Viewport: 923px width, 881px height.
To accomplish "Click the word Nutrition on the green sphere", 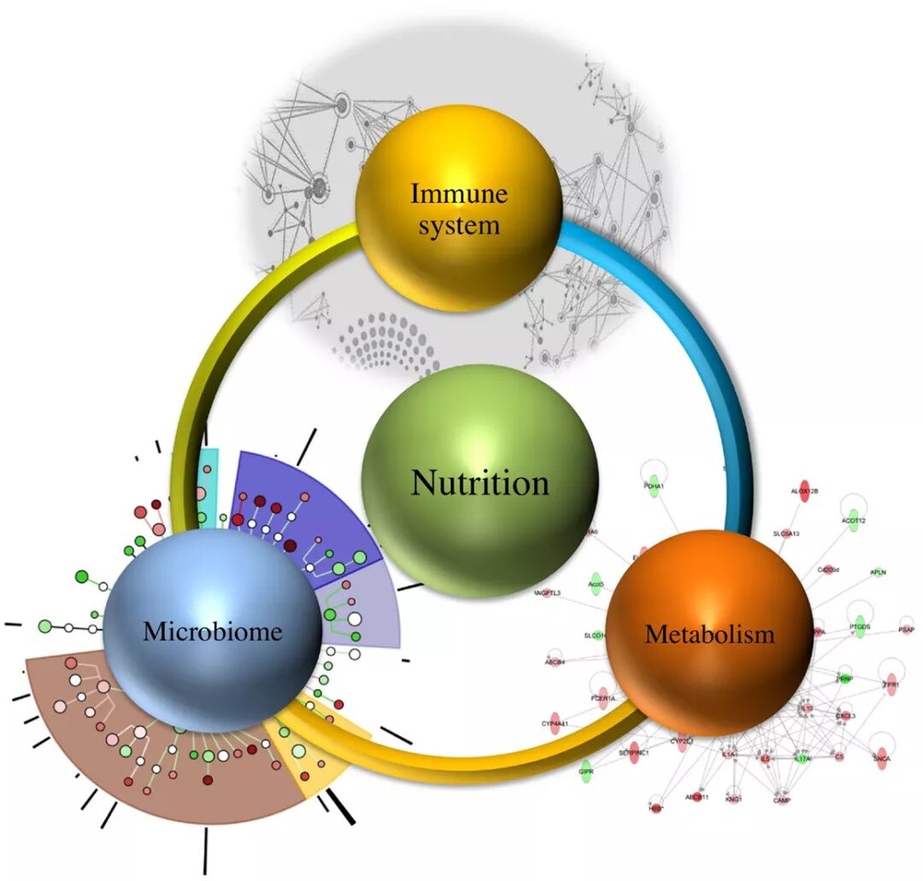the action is click(x=479, y=483).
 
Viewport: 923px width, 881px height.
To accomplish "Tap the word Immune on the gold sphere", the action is click(x=459, y=194).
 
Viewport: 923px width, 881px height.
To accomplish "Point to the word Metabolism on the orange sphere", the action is click(x=709, y=634).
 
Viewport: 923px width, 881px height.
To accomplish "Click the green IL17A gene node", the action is click(x=802, y=756).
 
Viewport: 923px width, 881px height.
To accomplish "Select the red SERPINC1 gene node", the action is click(x=634, y=752).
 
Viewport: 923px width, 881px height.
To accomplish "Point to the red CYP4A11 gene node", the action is click(x=555, y=723).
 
